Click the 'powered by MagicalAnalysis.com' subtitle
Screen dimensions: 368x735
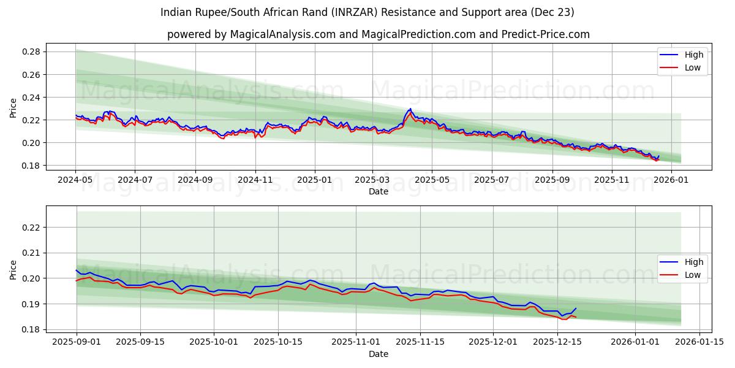[378, 34]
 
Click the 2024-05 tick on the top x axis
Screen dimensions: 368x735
[75, 180]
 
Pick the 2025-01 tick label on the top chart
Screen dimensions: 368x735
[314, 180]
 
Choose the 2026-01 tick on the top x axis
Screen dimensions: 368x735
[671, 180]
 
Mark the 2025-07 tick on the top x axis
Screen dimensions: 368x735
[491, 180]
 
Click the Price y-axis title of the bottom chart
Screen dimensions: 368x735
[13, 269]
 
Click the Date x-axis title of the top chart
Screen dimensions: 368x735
[378, 191]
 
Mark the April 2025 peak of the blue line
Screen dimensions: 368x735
[410, 109]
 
